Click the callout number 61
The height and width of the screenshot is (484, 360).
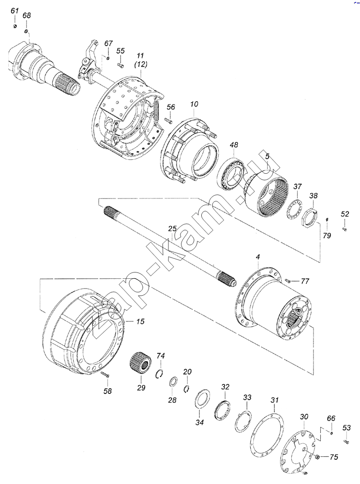(x=15, y=11)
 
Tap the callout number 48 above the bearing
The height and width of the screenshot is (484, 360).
(x=234, y=145)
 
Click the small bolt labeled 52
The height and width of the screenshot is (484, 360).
(x=345, y=229)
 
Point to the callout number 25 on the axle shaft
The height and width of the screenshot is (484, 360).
(x=172, y=229)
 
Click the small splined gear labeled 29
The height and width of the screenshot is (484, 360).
(x=140, y=364)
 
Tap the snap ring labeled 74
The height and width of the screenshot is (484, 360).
(x=159, y=374)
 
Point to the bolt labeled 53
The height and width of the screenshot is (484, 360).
(x=346, y=442)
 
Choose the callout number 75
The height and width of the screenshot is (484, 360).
(x=333, y=457)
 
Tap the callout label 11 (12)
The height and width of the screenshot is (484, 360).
(x=140, y=60)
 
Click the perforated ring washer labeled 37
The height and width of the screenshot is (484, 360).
(x=295, y=210)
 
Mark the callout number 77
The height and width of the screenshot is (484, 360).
(x=305, y=281)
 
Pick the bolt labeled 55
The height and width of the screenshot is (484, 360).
(x=120, y=65)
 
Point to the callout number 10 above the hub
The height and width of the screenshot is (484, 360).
(x=194, y=104)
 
